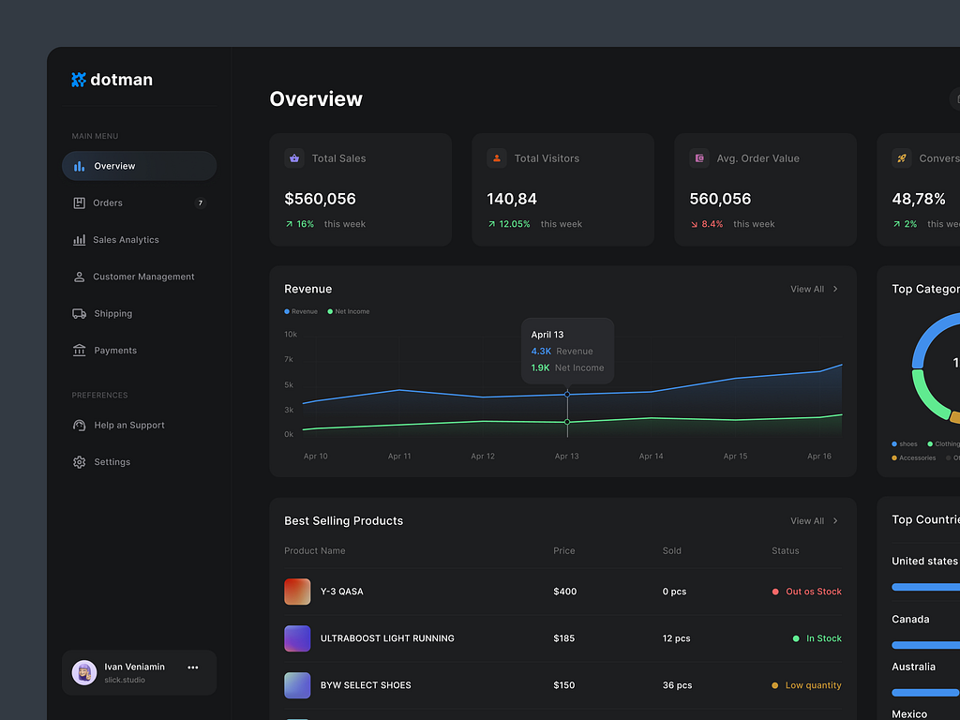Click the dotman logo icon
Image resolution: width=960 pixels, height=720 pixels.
(x=79, y=80)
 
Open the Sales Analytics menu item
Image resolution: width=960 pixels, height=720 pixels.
(x=126, y=240)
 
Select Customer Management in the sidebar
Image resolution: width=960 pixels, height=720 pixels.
(x=143, y=277)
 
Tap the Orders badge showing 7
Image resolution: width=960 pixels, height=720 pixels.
(x=200, y=203)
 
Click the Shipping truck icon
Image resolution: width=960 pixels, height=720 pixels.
(x=80, y=314)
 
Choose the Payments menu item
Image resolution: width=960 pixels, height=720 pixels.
(x=115, y=351)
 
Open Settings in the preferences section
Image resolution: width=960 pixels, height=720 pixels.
(x=112, y=462)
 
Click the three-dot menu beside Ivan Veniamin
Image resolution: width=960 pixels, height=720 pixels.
(x=193, y=667)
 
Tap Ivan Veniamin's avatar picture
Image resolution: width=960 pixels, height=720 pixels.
(x=84, y=672)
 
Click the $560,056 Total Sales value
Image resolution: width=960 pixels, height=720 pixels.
(x=320, y=199)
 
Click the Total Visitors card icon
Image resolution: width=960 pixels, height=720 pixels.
(x=497, y=158)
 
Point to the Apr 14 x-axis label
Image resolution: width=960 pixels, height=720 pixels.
(x=651, y=457)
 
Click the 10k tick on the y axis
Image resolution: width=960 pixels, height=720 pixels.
(x=291, y=335)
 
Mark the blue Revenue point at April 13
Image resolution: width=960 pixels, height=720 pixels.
(x=567, y=394)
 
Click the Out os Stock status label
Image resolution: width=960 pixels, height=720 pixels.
(x=813, y=592)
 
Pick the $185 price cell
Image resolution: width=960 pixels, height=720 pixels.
(x=563, y=638)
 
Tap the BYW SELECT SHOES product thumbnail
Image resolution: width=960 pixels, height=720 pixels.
(x=297, y=685)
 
